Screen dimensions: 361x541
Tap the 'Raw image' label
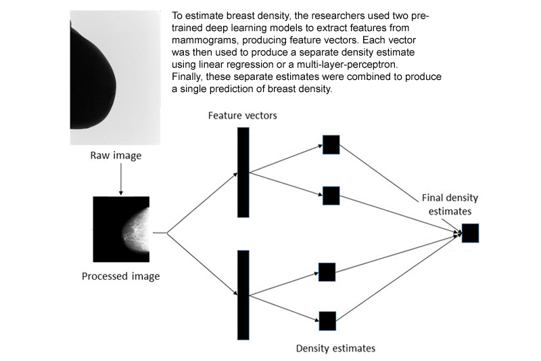(116, 156)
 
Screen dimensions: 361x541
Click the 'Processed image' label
(121, 276)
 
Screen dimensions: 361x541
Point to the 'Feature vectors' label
(243, 115)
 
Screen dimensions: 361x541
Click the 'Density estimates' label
(335, 349)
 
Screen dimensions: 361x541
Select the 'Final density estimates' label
(450, 204)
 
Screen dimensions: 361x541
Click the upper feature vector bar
(243, 172)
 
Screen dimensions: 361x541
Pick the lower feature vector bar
(243, 294)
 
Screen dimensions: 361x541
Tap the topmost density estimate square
(331, 144)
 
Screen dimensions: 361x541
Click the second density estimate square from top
(331, 195)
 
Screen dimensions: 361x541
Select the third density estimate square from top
(327, 272)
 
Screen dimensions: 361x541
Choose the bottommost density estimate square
(327, 320)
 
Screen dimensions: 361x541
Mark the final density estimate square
(470, 232)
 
